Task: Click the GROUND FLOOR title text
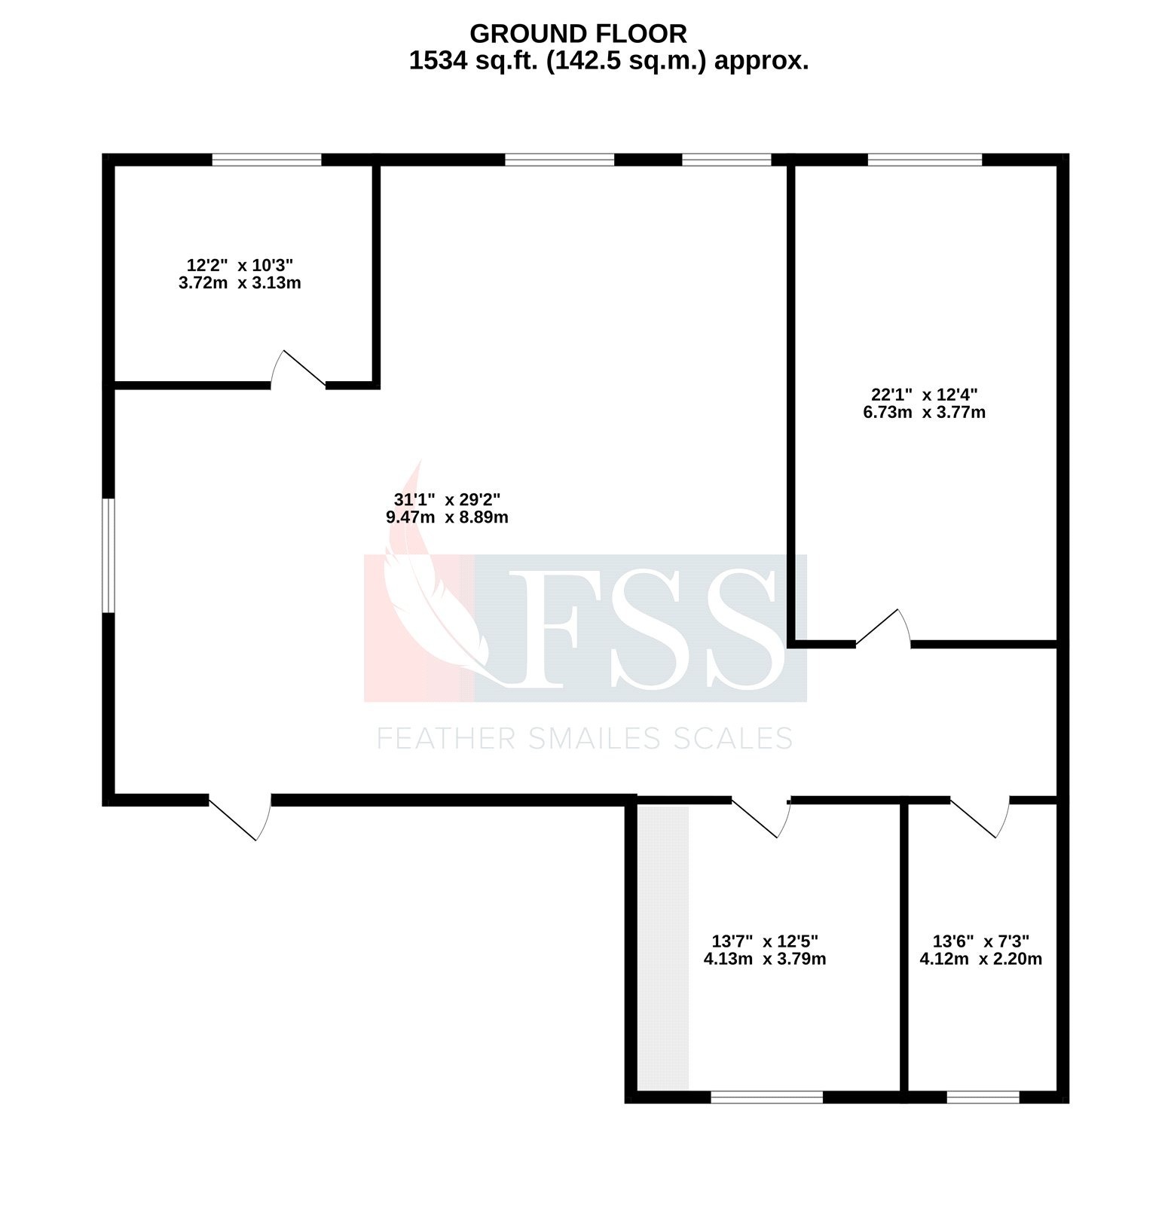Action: [578, 34]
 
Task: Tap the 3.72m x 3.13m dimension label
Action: [240, 284]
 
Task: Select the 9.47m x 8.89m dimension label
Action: [447, 517]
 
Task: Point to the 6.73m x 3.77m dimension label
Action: [924, 413]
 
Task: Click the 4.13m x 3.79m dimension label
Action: [764, 959]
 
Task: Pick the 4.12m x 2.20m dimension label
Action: [980, 959]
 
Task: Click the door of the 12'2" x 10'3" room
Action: [298, 371]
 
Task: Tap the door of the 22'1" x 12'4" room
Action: [883, 630]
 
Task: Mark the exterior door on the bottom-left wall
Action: [240, 818]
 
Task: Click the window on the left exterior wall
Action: [109, 555]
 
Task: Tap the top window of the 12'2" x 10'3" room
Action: [267, 160]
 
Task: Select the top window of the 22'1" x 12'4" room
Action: [925, 160]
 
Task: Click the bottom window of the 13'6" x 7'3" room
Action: [983, 1097]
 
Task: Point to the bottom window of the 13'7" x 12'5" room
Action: [766, 1097]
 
